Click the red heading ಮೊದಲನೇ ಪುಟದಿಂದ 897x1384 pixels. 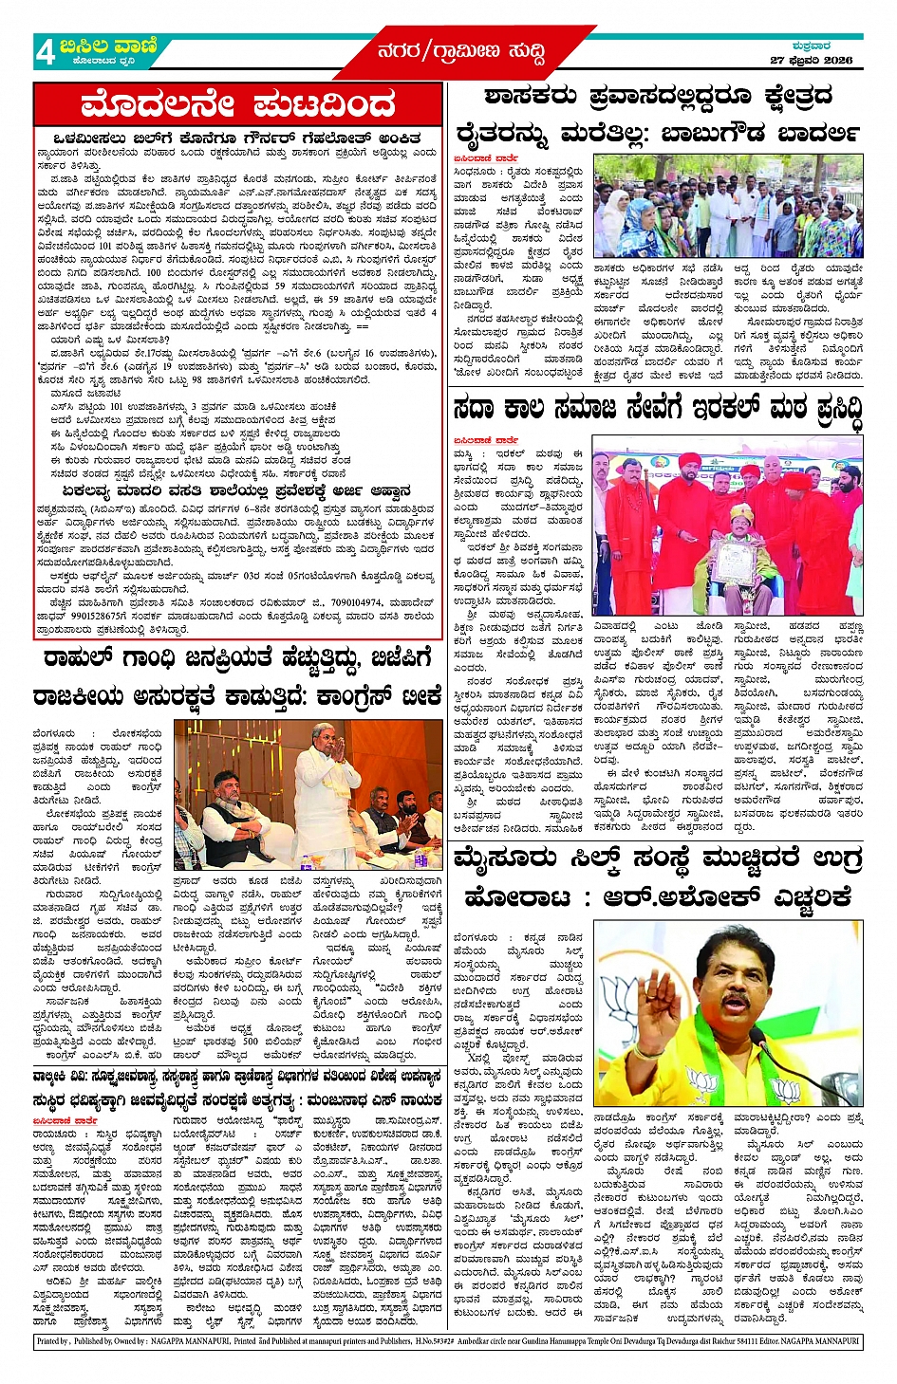(x=237, y=103)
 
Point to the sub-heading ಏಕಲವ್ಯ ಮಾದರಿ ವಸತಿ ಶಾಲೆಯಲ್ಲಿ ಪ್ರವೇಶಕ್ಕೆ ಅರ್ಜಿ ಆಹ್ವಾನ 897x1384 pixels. (x=237, y=491)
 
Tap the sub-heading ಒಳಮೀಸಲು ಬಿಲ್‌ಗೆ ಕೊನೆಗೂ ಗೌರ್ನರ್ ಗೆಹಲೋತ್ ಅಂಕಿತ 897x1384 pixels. (x=237, y=138)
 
